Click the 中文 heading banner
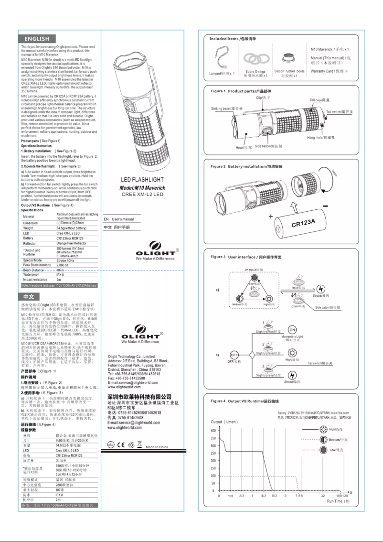point(30,296)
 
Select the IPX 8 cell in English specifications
point(60,275)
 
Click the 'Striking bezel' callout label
point(227,109)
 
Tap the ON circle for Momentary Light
point(293,330)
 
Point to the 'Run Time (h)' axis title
point(338,501)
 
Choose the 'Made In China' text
point(157,447)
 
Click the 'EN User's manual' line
point(119,219)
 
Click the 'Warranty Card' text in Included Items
point(329,71)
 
